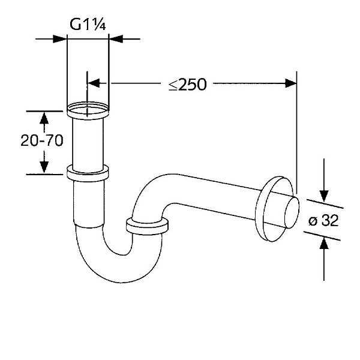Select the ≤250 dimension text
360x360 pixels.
click(x=187, y=84)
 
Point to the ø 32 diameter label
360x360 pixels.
click(x=323, y=220)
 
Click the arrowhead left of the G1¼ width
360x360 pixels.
click(x=60, y=39)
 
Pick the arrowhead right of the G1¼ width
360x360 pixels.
click(x=115, y=39)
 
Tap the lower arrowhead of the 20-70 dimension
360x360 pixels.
click(x=44, y=168)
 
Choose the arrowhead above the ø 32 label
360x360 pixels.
click(x=324, y=195)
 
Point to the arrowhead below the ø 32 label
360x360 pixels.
click(x=324, y=244)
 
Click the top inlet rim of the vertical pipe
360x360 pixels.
click(x=88, y=110)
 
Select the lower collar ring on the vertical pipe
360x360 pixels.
click(x=88, y=173)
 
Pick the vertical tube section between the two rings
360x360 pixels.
click(x=88, y=141)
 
